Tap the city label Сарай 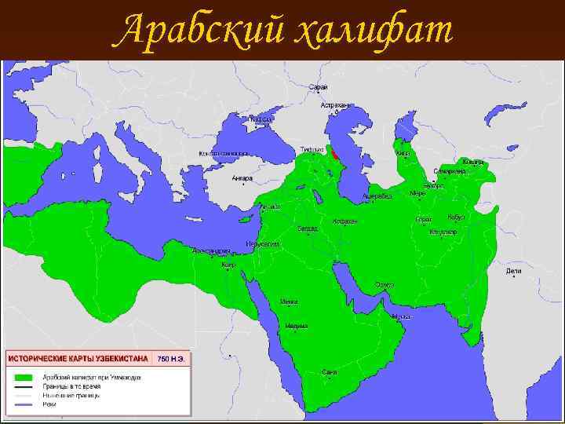[319, 87]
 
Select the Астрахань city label [335, 104]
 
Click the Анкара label [242, 178]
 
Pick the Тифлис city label [312, 149]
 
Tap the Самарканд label [449, 170]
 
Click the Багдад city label [307, 228]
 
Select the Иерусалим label [262, 244]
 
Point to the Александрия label [211, 251]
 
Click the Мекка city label [289, 302]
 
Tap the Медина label [297, 325]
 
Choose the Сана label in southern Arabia [330, 371]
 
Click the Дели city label [514, 271]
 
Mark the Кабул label [456, 217]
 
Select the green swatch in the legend [24, 378]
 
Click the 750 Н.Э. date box [171, 359]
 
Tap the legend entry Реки [49, 404]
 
